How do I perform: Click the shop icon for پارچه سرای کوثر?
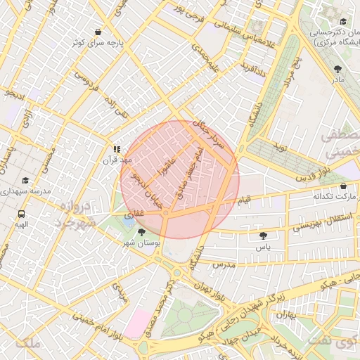coord(97,32)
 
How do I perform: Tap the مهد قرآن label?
coord(117,160)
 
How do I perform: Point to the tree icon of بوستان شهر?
coord(142,231)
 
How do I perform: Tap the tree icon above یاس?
coord(263,236)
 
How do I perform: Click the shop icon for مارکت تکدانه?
coord(342,186)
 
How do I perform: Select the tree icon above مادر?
coord(338,68)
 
